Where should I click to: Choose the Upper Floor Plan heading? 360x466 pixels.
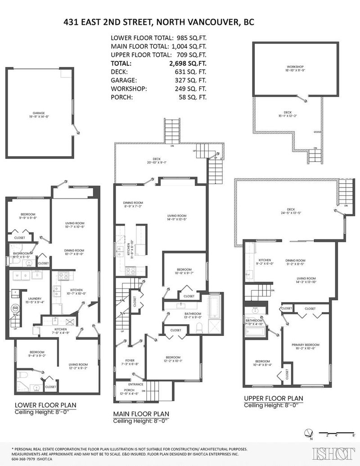click(x=273, y=398)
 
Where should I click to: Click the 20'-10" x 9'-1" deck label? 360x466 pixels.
click(x=157, y=163)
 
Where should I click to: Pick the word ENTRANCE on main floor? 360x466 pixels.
click(x=135, y=384)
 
